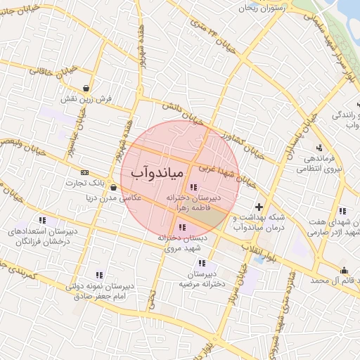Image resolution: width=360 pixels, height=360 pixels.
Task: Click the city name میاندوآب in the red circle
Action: point(157,172)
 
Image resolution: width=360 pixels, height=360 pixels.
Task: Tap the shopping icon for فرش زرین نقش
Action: point(86,89)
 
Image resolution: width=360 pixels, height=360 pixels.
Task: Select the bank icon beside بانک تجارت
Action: point(85,172)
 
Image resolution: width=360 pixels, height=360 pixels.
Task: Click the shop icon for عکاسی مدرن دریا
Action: point(113,188)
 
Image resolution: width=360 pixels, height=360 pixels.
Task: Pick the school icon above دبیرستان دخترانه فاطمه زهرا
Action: point(193,187)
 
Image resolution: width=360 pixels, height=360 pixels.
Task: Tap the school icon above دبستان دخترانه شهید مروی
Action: point(183,227)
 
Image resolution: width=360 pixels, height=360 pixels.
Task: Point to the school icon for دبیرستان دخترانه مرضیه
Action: point(202,263)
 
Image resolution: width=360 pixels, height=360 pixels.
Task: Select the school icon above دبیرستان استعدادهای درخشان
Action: point(43,220)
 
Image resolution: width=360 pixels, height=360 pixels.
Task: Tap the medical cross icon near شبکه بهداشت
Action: point(259,207)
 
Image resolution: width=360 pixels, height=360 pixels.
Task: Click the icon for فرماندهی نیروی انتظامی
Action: point(320,148)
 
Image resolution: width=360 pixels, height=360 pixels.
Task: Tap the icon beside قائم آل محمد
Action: point(344,271)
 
